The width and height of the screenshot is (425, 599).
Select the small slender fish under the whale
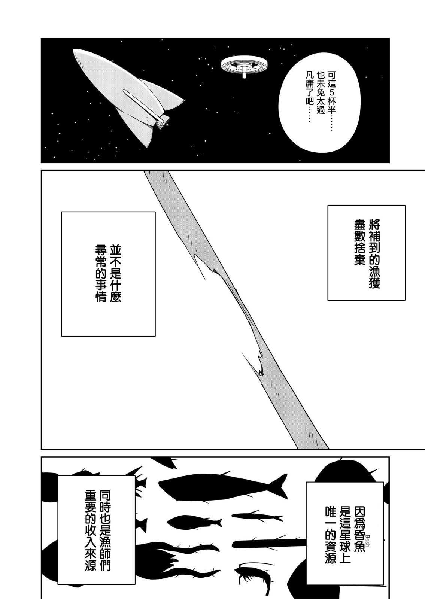(257, 517)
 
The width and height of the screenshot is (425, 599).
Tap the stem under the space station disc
(244, 73)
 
